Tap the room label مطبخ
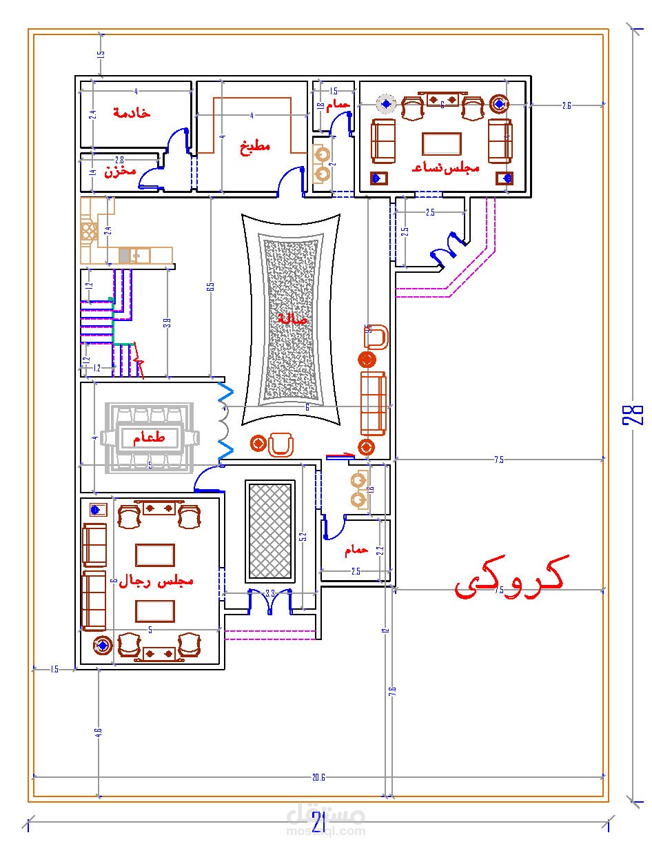[x=254, y=146]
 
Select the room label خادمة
[x=132, y=112]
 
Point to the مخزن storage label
[x=121, y=171]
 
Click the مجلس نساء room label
[x=442, y=167]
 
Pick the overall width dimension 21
[x=318, y=823]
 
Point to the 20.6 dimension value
[x=318, y=777]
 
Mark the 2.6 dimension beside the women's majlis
[x=566, y=105]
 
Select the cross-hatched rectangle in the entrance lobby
[x=269, y=530]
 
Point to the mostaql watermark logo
[x=325, y=820]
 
